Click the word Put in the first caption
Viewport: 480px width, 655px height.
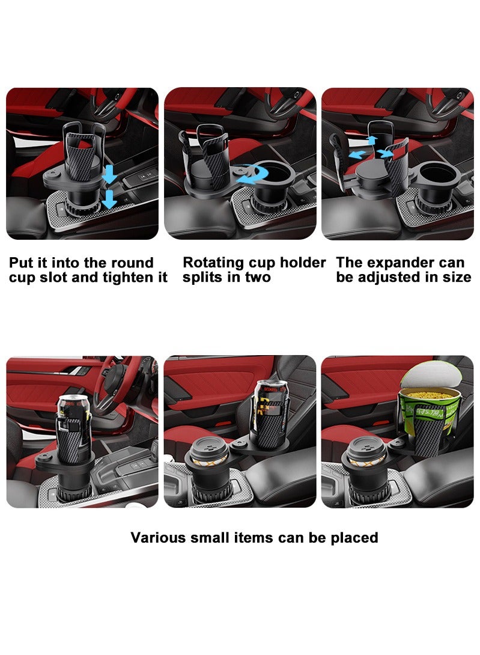pyautogui.click(x=23, y=263)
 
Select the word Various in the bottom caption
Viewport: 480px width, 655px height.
pyautogui.click(x=159, y=537)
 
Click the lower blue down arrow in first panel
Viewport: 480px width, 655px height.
pyautogui.click(x=109, y=200)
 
